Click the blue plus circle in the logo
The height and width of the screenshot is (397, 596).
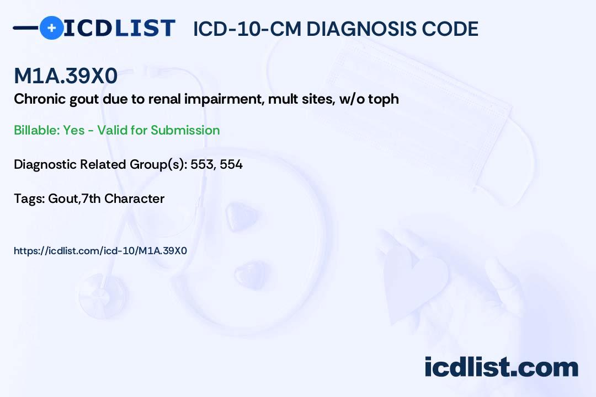point(51,28)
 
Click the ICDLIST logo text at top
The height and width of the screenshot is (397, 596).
point(119,28)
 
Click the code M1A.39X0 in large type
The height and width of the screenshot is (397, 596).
point(66,77)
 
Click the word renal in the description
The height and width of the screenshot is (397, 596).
point(145,99)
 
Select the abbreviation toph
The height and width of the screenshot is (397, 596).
point(384,100)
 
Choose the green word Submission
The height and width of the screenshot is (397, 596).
point(185,130)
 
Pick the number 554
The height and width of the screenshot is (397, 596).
point(231,164)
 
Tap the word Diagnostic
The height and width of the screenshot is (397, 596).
point(45,164)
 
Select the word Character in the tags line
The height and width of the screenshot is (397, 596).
point(134,198)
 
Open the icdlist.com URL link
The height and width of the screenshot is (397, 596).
point(100,251)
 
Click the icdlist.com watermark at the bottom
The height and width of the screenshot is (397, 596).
point(501,367)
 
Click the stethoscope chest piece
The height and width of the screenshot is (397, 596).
point(102,289)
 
